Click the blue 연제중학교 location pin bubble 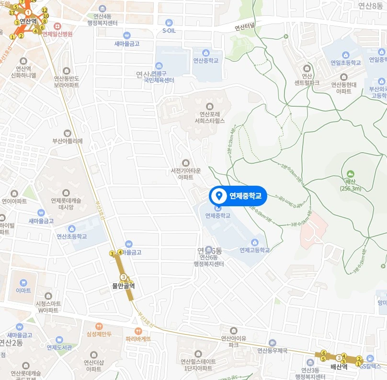tap(238, 196)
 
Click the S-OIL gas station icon tap(169, 23)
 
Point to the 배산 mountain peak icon tap(350, 174)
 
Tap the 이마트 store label tap(23, 290)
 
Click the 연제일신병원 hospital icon tap(57, 26)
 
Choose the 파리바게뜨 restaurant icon tap(138, 330)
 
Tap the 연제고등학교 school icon tap(255, 242)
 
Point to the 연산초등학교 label tap(72, 236)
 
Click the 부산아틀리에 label tap(68, 141)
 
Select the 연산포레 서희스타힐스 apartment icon tap(209, 106)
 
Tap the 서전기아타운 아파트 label tap(185, 174)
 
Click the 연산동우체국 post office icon tap(273, 343)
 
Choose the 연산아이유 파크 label tap(233, 341)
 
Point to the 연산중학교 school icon tap(205, 53)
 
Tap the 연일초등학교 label tap(345, 63)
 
